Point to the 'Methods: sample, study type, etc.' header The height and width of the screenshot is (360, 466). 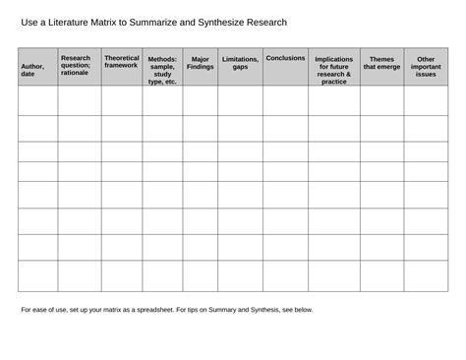pos(162,70)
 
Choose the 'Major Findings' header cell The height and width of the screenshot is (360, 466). pos(200,63)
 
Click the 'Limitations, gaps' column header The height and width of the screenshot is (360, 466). pos(240,63)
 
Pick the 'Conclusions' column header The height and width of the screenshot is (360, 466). pos(285,58)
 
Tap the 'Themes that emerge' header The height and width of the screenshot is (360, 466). pos(381,63)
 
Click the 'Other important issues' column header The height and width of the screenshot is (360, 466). pos(426,66)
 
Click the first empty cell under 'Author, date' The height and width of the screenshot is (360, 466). pos(37,100)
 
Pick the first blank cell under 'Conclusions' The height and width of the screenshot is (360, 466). pos(285,100)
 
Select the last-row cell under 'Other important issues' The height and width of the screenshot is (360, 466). pos(426,275)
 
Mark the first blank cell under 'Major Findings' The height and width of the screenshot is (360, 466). pos(200,100)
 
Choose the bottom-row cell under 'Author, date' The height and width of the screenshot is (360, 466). pos(37,275)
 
